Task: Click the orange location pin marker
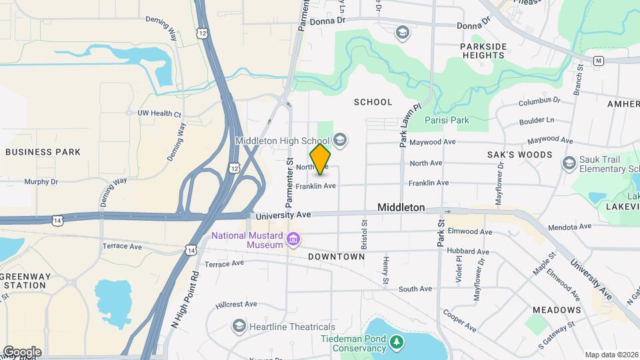pos(321,159)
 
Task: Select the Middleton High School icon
pos(340,139)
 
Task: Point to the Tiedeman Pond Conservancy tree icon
pos(397,342)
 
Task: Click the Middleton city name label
pos(401,207)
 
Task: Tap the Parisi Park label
pos(447,121)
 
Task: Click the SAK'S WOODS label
pos(529,155)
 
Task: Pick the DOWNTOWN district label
pos(337,257)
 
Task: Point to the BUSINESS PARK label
pos(43,152)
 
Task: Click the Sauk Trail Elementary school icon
pos(569,163)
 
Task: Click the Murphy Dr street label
pos(41,181)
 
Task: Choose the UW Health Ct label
pos(159,114)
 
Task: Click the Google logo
pos(21,352)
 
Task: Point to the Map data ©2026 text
pos(611,355)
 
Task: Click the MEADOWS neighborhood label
pos(557,311)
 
